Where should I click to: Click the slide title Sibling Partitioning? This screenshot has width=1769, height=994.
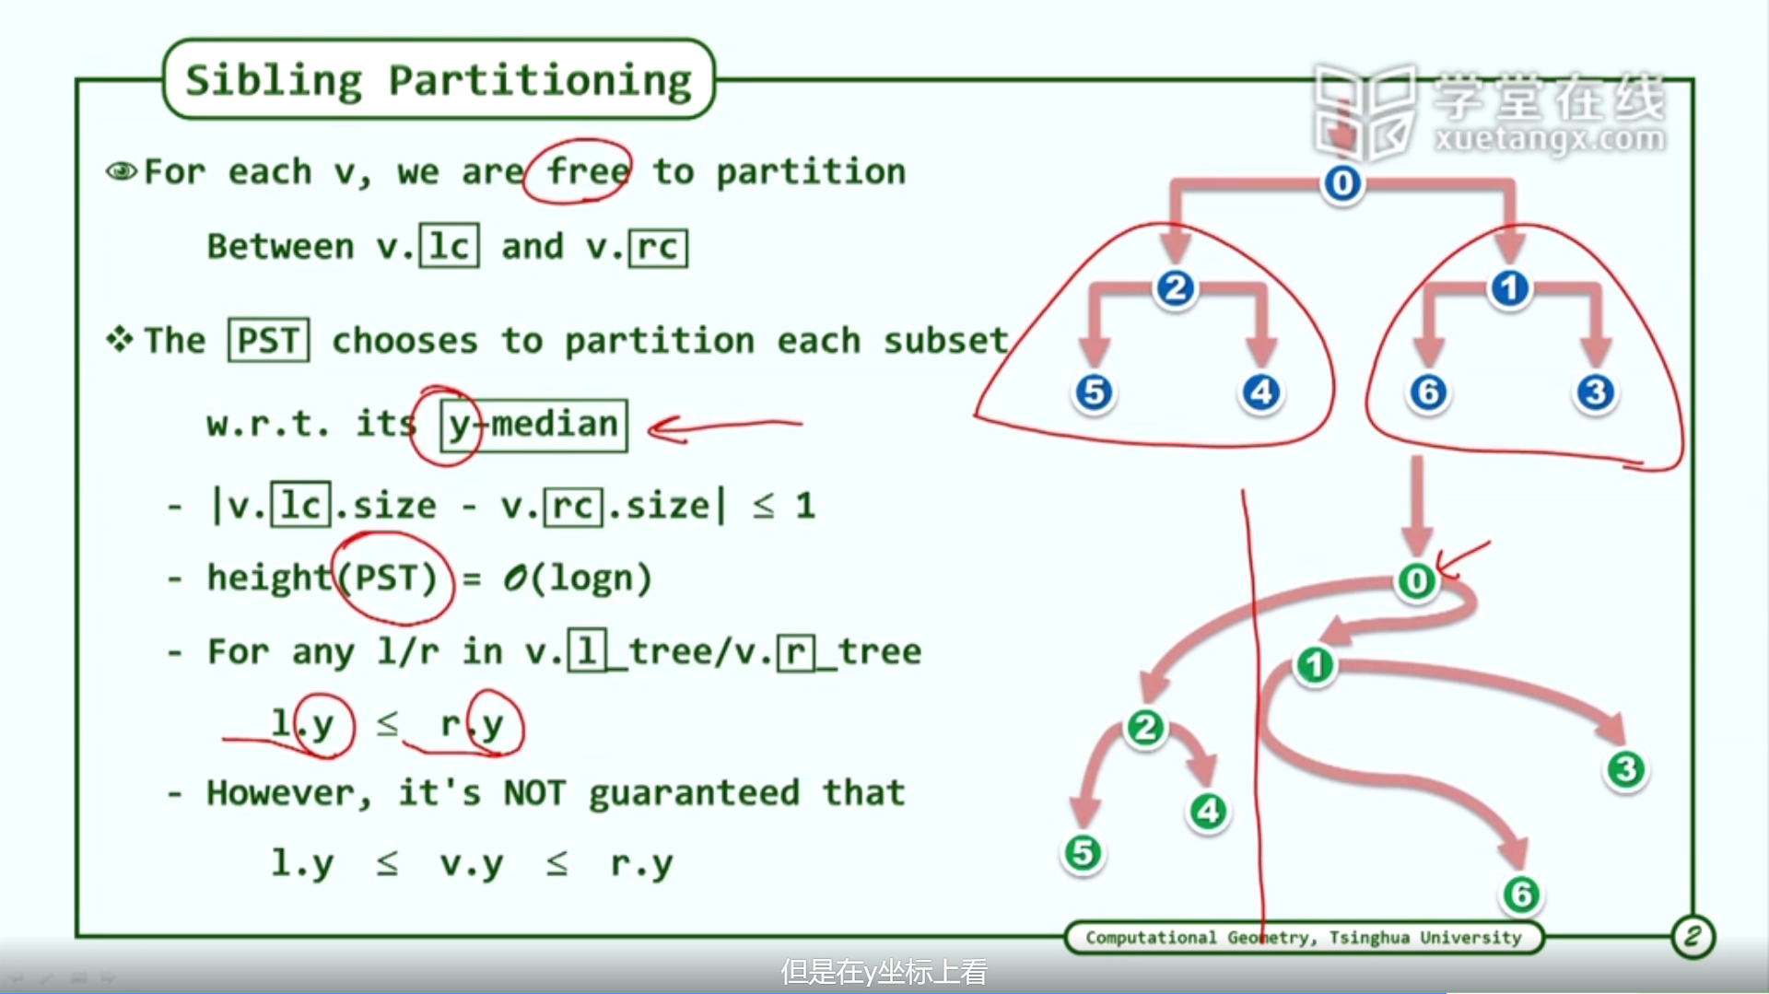(439, 80)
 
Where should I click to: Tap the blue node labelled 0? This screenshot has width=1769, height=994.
(1342, 183)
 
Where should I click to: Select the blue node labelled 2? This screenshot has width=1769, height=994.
(1176, 288)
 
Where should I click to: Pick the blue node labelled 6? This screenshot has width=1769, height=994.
(1428, 392)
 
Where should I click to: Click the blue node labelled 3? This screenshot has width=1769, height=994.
(1596, 392)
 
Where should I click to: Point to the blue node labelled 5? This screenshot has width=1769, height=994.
(1094, 392)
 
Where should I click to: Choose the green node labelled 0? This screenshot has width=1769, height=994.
(1417, 581)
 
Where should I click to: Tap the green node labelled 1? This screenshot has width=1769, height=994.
(1315, 665)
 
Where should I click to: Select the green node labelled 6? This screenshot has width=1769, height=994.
(1521, 894)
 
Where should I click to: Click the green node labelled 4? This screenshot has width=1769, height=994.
(1208, 811)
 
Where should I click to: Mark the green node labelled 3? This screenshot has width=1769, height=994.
(1626, 769)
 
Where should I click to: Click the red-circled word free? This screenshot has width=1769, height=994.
(588, 171)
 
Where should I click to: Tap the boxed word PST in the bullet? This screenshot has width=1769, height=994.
(268, 340)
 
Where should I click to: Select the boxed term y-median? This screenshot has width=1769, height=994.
(533, 425)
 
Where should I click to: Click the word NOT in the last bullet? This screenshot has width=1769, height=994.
(533, 792)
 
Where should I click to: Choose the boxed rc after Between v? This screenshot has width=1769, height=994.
(658, 247)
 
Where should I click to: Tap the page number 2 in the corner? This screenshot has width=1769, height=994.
(1693, 937)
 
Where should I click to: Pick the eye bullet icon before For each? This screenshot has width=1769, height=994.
(122, 171)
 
